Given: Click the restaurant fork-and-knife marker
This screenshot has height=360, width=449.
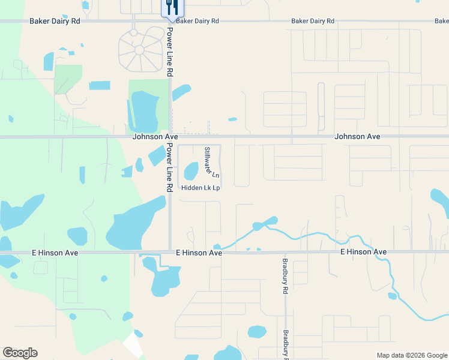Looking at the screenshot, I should tap(172, 7).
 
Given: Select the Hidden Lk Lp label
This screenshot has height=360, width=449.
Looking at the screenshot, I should tap(201, 188).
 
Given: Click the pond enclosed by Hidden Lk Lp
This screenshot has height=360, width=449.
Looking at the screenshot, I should tap(191, 171).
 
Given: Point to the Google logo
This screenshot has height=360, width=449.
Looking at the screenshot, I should tap(20, 353).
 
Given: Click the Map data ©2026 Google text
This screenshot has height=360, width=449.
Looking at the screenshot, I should tap(411, 355).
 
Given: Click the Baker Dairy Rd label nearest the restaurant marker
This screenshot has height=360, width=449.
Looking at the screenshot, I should tap(197, 21).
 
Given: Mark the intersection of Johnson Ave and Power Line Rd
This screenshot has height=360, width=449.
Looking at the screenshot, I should tap(170, 137).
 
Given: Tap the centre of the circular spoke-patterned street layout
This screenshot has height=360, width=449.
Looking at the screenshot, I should tap(139, 49).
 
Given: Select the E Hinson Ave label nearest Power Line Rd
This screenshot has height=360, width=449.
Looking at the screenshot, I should tap(199, 253).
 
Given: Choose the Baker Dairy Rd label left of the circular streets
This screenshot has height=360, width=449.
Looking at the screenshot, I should tap(55, 21).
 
